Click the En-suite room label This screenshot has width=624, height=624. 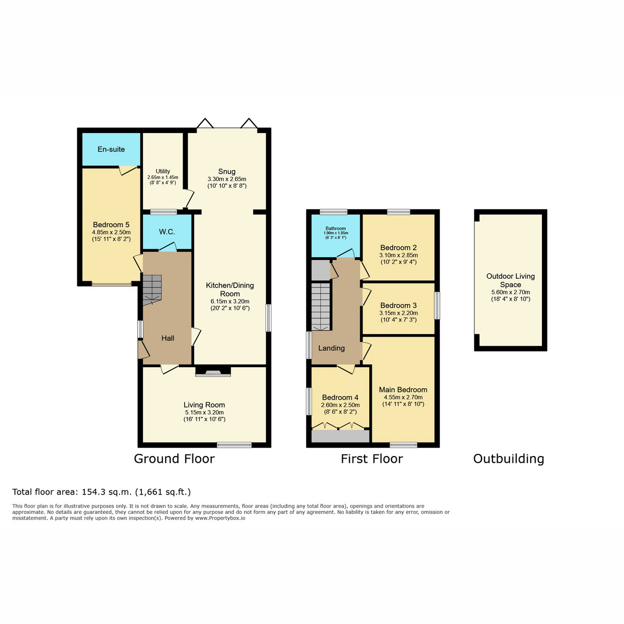pos(111,149)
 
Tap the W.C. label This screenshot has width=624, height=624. pos(167,232)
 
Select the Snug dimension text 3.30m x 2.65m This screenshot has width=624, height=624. pos(227,179)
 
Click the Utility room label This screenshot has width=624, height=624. pos(163,171)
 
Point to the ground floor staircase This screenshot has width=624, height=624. pos(152,290)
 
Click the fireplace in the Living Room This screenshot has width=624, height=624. pos(213,371)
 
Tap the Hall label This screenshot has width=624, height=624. pos(168,339)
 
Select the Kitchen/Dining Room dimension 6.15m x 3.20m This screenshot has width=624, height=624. pos(230,301)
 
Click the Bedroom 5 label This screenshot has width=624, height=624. pos(111,225)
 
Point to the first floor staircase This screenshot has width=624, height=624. pos(321,307)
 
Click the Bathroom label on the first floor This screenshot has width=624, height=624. pos(335,228)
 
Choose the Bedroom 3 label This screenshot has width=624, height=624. pos(398,305)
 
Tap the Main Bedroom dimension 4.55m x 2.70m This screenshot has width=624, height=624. pos(403,397)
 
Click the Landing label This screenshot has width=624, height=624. pos(331,348)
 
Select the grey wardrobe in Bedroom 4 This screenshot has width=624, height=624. pos(340,436)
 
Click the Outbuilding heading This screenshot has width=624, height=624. pos(509,459)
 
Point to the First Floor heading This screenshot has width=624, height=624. pos(372,459)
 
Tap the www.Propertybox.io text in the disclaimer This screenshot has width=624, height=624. pos(220,518)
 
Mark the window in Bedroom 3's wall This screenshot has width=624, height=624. pos(437,305)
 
